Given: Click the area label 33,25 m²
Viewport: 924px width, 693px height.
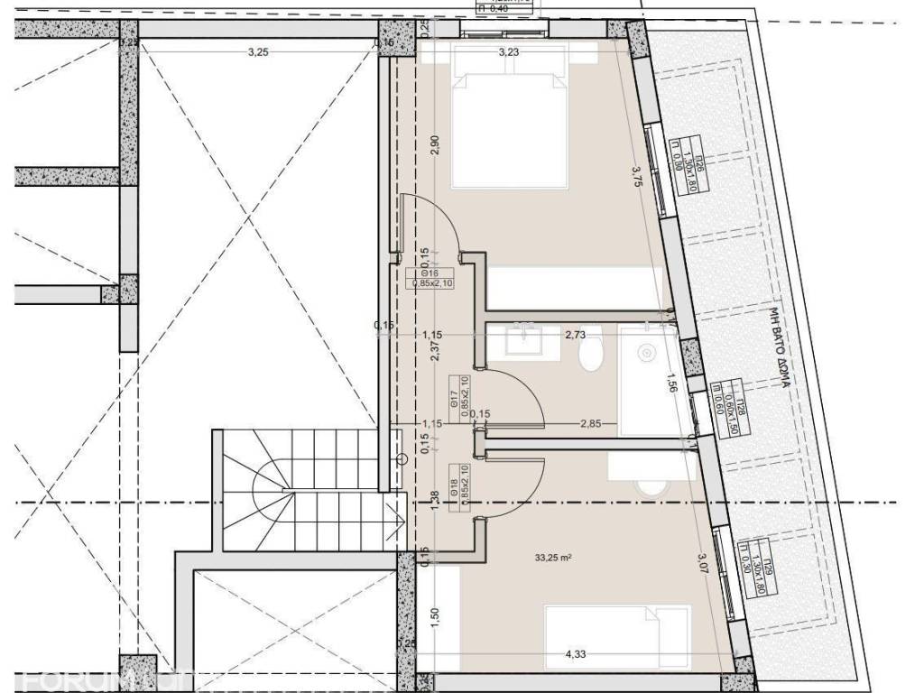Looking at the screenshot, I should coord(554,558).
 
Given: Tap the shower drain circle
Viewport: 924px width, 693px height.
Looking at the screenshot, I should coord(646,352).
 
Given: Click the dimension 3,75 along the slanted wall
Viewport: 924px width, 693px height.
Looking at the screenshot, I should coord(637,176).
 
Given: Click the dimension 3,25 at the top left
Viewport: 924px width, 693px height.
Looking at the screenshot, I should coord(258,52).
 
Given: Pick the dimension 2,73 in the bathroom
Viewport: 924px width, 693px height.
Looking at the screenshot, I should coord(576,335).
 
